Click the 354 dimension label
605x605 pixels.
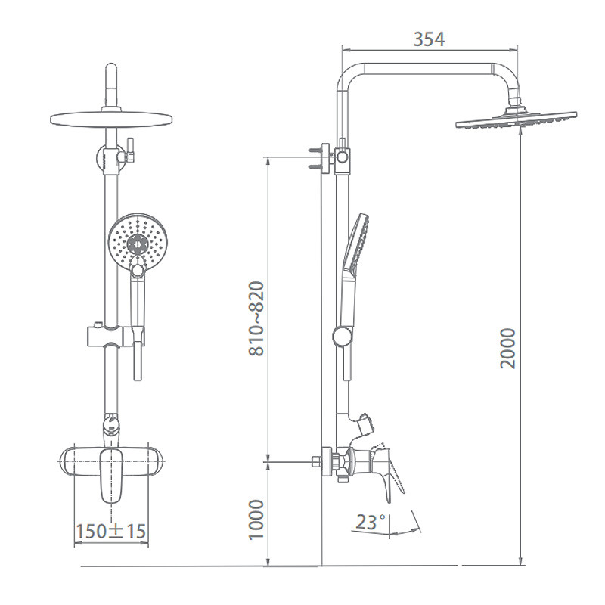[x=429, y=39]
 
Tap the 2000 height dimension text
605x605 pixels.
[x=507, y=349]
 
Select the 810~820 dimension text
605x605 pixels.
[x=256, y=318]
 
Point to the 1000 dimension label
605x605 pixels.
[x=256, y=520]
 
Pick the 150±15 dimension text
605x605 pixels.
[x=111, y=532]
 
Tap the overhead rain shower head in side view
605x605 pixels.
[x=517, y=119]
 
